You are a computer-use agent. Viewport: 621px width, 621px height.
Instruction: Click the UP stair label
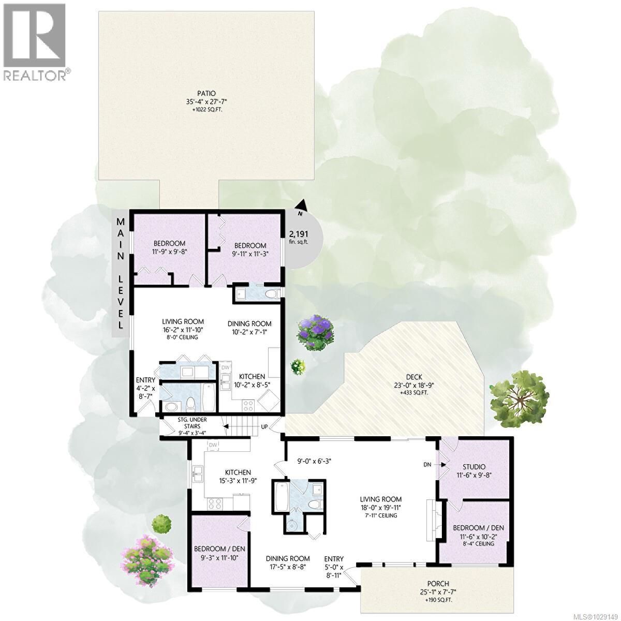tap(264, 427)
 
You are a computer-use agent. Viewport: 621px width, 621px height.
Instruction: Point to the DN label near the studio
tap(427, 465)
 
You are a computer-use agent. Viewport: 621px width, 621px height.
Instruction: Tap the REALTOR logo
tap(35, 41)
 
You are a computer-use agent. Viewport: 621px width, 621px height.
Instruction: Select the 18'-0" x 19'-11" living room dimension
tap(381, 508)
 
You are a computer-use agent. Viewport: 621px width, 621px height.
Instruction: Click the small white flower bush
tap(298, 366)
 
